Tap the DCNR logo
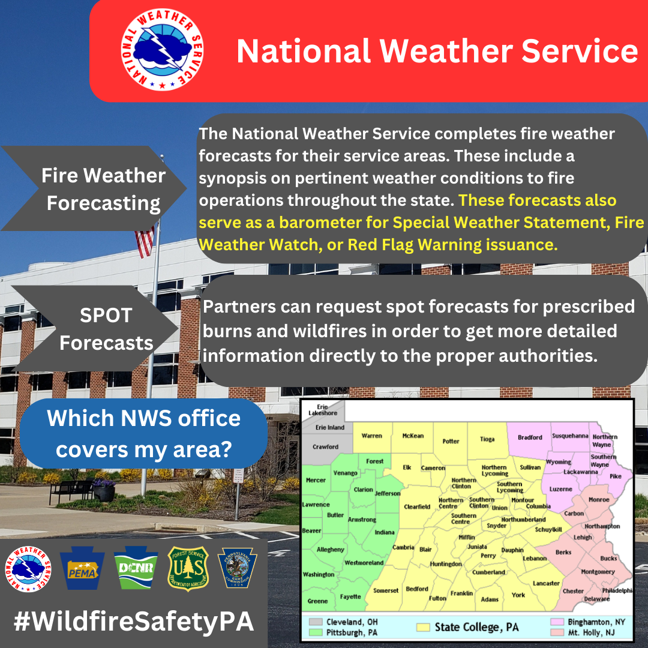tap(136, 568)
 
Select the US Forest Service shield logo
tap(188, 569)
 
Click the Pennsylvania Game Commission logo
tap(237, 568)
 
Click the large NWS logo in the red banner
tap(162, 50)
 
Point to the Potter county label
tap(451, 441)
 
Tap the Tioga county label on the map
tap(487, 439)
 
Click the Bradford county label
tap(530, 437)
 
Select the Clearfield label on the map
tap(417, 506)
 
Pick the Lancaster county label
tap(546, 583)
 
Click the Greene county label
tap(317, 601)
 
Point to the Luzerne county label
tap(561, 489)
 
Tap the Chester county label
tap(573, 591)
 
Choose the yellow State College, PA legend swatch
tap(423, 627)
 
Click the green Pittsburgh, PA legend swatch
tap(316, 632)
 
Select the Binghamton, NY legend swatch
tap(557, 622)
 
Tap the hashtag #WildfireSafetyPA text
tap(133, 621)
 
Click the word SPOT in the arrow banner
tap(106, 316)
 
